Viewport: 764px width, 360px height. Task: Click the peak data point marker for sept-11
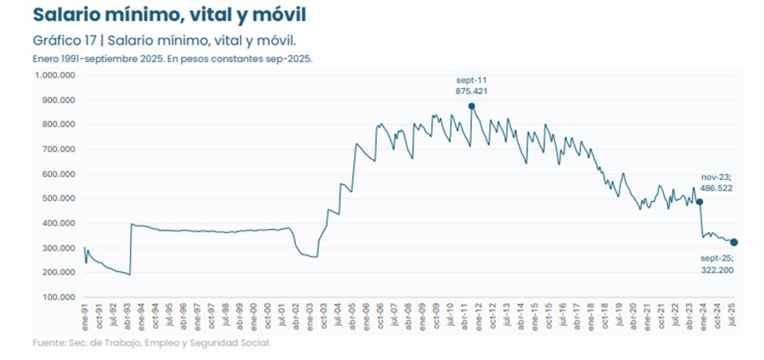pyautogui.click(x=471, y=106)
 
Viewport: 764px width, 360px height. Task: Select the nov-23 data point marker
pyautogui.click(x=700, y=202)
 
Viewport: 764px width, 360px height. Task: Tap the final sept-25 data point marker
pyautogui.click(x=734, y=242)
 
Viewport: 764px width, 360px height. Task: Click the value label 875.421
pyautogui.click(x=471, y=91)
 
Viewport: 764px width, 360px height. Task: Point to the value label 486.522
pyautogui.click(x=717, y=188)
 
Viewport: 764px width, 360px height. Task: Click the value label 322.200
pyautogui.click(x=718, y=270)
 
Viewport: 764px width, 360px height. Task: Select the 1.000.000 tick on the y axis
pyautogui.click(x=54, y=75)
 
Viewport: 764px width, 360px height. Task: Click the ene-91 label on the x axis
pyautogui.click(x=86, y=317)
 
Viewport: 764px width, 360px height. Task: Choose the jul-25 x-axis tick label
pyautogui.click(x=732, y=317)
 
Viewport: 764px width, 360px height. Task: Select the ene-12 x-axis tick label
pyautogui.click(x=479, y=317)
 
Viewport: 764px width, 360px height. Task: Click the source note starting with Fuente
pyautogui.click(x=151, y=341)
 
